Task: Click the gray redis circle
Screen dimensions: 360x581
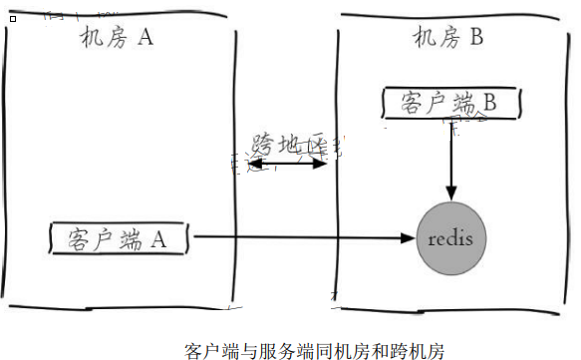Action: coord(451,239)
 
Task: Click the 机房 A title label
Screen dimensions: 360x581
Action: coord(119,39)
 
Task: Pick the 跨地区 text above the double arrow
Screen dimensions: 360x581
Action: coord(288,145)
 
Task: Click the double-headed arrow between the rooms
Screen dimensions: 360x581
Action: coord(288,163)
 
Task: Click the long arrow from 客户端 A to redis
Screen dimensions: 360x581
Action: coord(299,238)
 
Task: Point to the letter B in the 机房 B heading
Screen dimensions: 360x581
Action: coord(476,39)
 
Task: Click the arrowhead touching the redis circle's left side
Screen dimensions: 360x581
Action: coord(408,238)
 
